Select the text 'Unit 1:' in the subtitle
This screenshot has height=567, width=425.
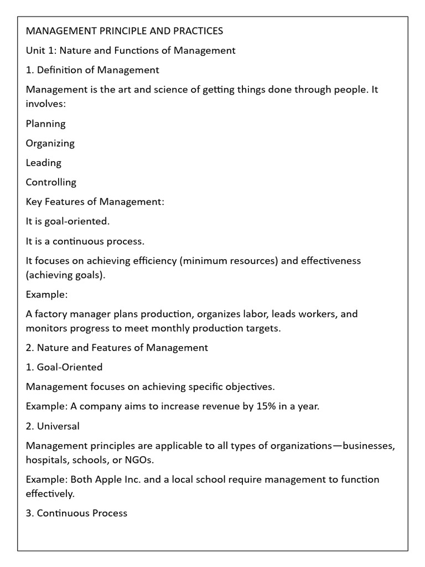pyautogui.click(x=41, y=50)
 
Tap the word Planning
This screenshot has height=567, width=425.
pyautogui.click(x=45, y=124)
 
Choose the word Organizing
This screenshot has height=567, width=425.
pyautogui.click(x=50, y=143)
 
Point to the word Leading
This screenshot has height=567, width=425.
pyautogui.click(x=43, y=163)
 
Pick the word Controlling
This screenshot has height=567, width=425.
pyautogui.click(x=51, y=182)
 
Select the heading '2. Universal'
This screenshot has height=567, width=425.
pyautogui.click(x=53, y=426)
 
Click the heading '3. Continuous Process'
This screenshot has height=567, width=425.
pyautogui.click(x=76, y=513)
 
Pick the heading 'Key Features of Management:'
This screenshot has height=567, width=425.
pyautogui.click(x=95, y=202)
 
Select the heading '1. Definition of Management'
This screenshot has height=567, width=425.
pyautogui.click(x=92, y=70)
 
